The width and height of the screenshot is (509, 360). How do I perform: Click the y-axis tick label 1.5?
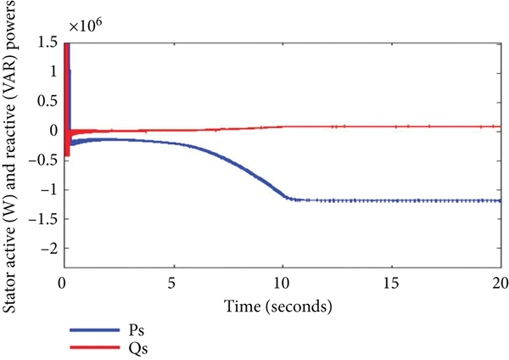[x=48, y=42]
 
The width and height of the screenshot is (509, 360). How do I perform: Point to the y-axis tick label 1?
[x=53, y=72]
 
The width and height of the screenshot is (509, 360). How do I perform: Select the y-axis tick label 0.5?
[x=48, y=102]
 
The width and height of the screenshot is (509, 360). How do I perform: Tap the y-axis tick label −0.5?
[x=44, y=160]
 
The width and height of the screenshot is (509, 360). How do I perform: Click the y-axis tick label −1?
[x=49, y=189]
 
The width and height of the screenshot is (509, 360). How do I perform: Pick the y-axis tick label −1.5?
[x=44, y=219]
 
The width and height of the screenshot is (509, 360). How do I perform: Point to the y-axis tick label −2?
[x=49, y=248]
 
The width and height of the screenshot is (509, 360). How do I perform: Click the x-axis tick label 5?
[x=172, y=283]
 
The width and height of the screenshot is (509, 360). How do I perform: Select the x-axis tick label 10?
[x=282, y=283]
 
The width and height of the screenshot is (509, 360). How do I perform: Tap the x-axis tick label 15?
[x=391, y=283]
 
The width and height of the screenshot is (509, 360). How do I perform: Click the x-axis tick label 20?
[x=499, y=283]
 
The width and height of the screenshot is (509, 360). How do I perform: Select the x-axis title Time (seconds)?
[x=281, y=303]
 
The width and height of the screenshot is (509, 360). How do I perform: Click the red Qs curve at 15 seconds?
[x=391, y=127]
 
